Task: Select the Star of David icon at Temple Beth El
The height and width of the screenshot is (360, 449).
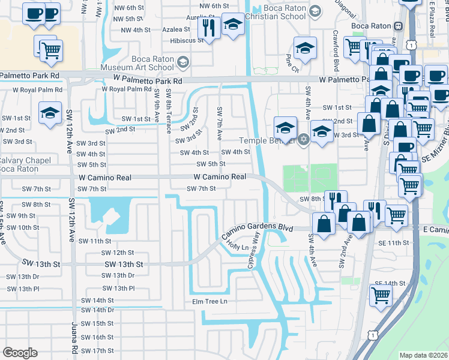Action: point(304,140)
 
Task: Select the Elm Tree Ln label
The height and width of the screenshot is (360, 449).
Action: point(210,301)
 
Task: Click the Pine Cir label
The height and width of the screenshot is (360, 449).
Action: point(292,61)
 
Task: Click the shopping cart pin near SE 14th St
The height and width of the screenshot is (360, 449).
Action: point(380,295)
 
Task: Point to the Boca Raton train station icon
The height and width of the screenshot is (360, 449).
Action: point(397,26)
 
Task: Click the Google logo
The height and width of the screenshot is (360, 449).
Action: point(20,353)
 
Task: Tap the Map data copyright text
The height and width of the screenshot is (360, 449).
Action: point(423,355)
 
